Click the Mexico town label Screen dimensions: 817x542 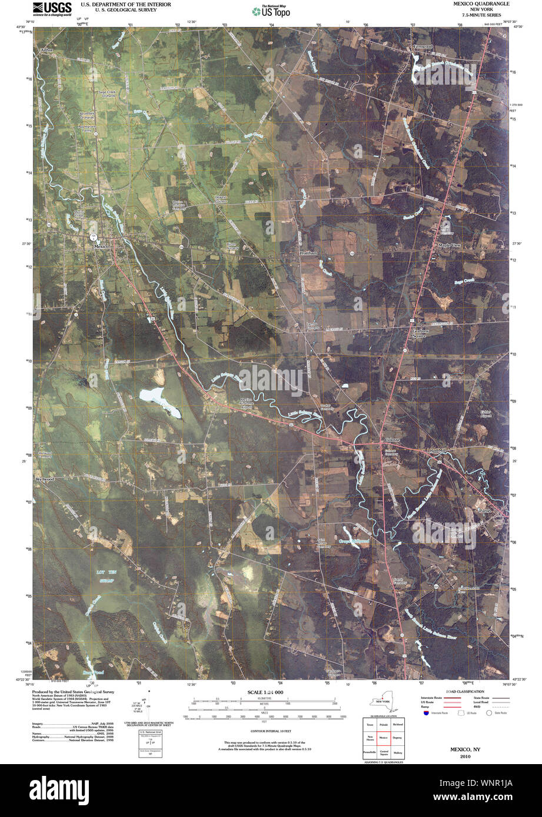pos(102,247)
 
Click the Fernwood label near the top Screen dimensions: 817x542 pos(423,46)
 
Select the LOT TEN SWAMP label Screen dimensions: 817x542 pos(106,576)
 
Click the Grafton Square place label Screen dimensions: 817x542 pos(418,333)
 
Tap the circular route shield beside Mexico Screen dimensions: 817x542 pos(94,236)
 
